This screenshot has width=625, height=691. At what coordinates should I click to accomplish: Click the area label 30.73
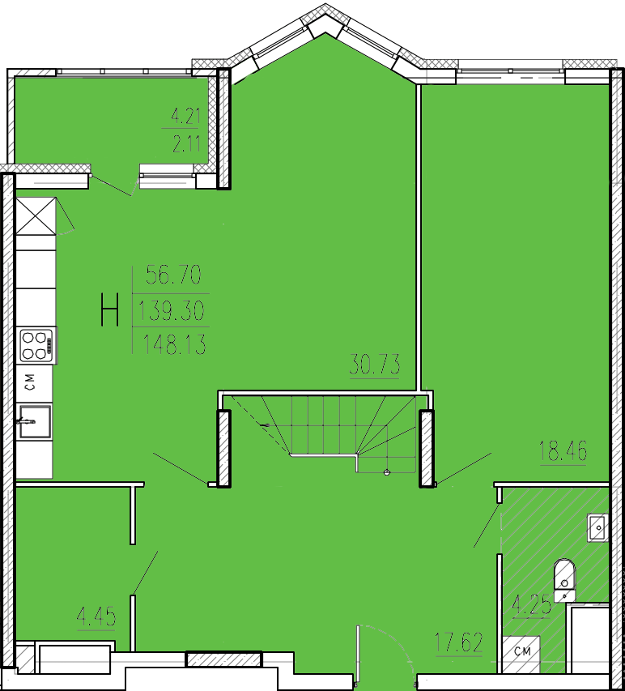pyautogui.click(x=375, y=365)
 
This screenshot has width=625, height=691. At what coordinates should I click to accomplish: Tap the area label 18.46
pyautogui.click(x=563, y=451)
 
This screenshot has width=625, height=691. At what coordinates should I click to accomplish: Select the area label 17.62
pyautogui.click(x=458, y=642)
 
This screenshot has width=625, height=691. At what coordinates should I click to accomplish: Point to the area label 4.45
pyautogui.click(x=96, y=616)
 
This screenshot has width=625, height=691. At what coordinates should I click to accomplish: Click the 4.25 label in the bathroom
pyautogui.click(x=531, y=604)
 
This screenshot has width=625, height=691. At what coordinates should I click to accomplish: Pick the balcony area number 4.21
pyautogui.click(x=185, y=117)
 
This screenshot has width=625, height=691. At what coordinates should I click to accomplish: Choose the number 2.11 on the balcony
pyautogui.click(x=186, y=143)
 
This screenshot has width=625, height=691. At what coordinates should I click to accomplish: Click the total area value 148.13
pyautogui.click(x=174, y=344)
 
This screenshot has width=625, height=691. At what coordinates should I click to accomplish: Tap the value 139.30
pyautogui.click(x=172, y=310)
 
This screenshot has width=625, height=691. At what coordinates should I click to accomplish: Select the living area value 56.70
pyautogui.click(x=173, y=275)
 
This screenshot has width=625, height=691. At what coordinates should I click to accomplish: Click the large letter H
pyautogui.click(x=110, y=309)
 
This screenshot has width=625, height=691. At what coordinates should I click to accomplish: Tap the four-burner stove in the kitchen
pyautogui.click(x=36, y=345)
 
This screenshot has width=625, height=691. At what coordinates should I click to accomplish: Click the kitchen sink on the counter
pyautogui.click(x=34, y=422)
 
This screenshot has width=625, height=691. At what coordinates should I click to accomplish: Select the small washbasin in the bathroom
pyautogui.click(x=598, y=528)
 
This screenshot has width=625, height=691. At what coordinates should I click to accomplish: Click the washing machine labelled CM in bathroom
pyautogui.click(x=521, y=654)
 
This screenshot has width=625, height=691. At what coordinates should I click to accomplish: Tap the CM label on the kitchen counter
pyautogui.click(x=30, y=382)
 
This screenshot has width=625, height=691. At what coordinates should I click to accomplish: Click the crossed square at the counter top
pyautogui.click(x=36, y=216)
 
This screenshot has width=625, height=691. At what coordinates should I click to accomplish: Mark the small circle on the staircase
pyautogui.click(x=387, y=473)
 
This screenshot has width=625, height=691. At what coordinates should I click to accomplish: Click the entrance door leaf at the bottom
pyautogui.click(x=358, y=655)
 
